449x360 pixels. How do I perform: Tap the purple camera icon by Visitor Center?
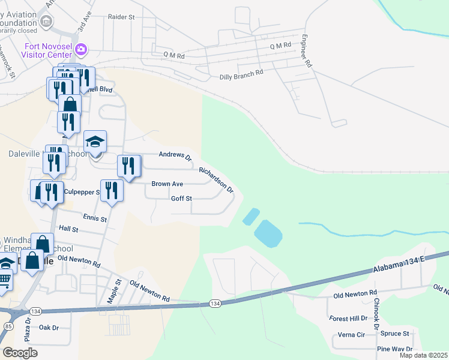(x=82, y=48)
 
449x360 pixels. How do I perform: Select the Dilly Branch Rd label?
(x=242, y=73)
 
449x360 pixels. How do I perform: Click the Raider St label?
(x=121, y=17)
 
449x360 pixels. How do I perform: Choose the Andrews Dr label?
(x=175, y=156)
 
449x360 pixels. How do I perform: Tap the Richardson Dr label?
(x=216, y=179)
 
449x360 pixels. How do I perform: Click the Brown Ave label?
(x=167, y=184)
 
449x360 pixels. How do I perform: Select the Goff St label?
(x=181, y=199)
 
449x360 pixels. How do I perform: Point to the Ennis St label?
(x=95, y=219)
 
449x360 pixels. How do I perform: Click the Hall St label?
(x=69, y=229)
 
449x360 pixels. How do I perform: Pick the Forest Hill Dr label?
(x=348, y=319)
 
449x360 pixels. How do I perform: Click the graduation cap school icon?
(x=95, y=142)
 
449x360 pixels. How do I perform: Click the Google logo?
(x=20, y=353)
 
